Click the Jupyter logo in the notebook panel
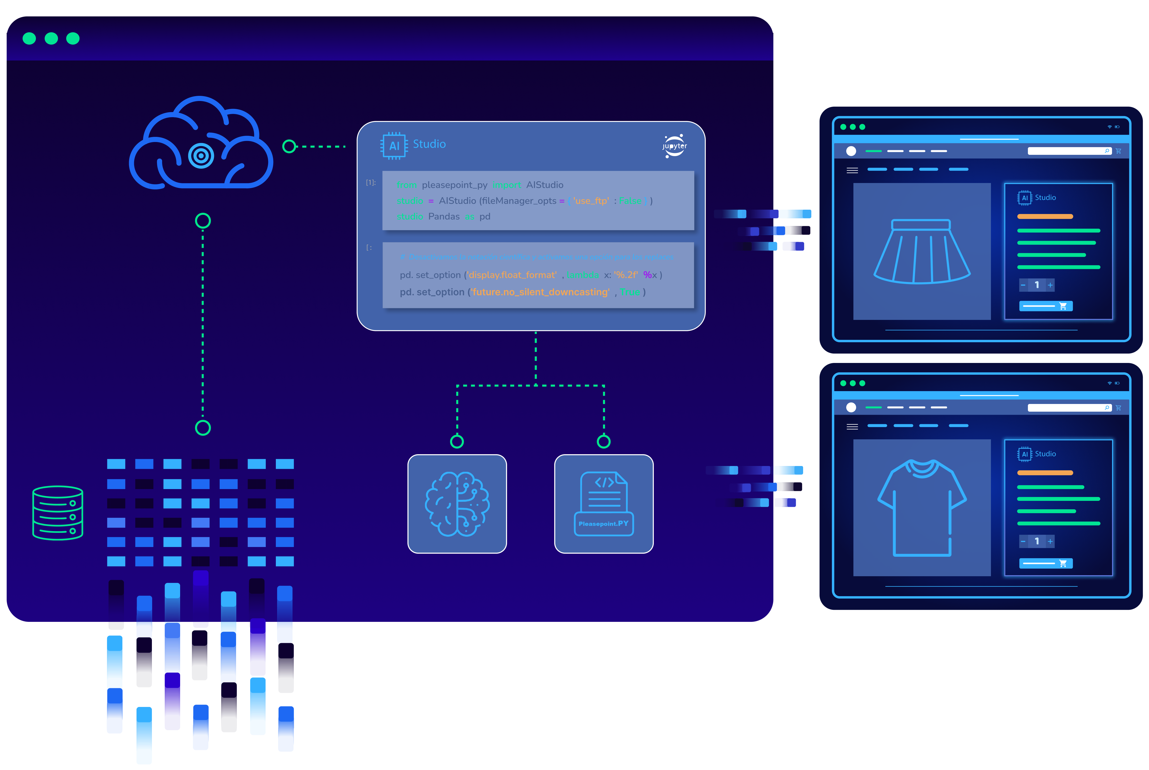[674, 146]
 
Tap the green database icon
[57, 513]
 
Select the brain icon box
[457, 504]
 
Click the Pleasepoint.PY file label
[603, 523]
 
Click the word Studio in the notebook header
[429, 144]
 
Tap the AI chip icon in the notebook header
[394, 145]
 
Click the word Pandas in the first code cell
[444, 217]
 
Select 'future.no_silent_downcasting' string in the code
[541, 292]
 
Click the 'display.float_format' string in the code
[513, 275]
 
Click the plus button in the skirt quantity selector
[1050, 285]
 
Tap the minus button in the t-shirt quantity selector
[1023, 541]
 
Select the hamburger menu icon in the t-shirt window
[852, 427]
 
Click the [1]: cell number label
[371, 183]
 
